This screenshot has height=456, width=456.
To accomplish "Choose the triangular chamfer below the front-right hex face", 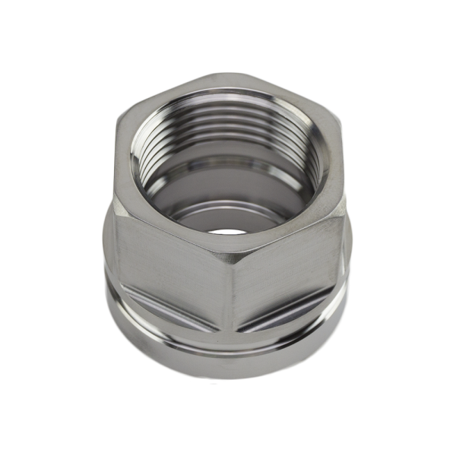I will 293,319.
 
